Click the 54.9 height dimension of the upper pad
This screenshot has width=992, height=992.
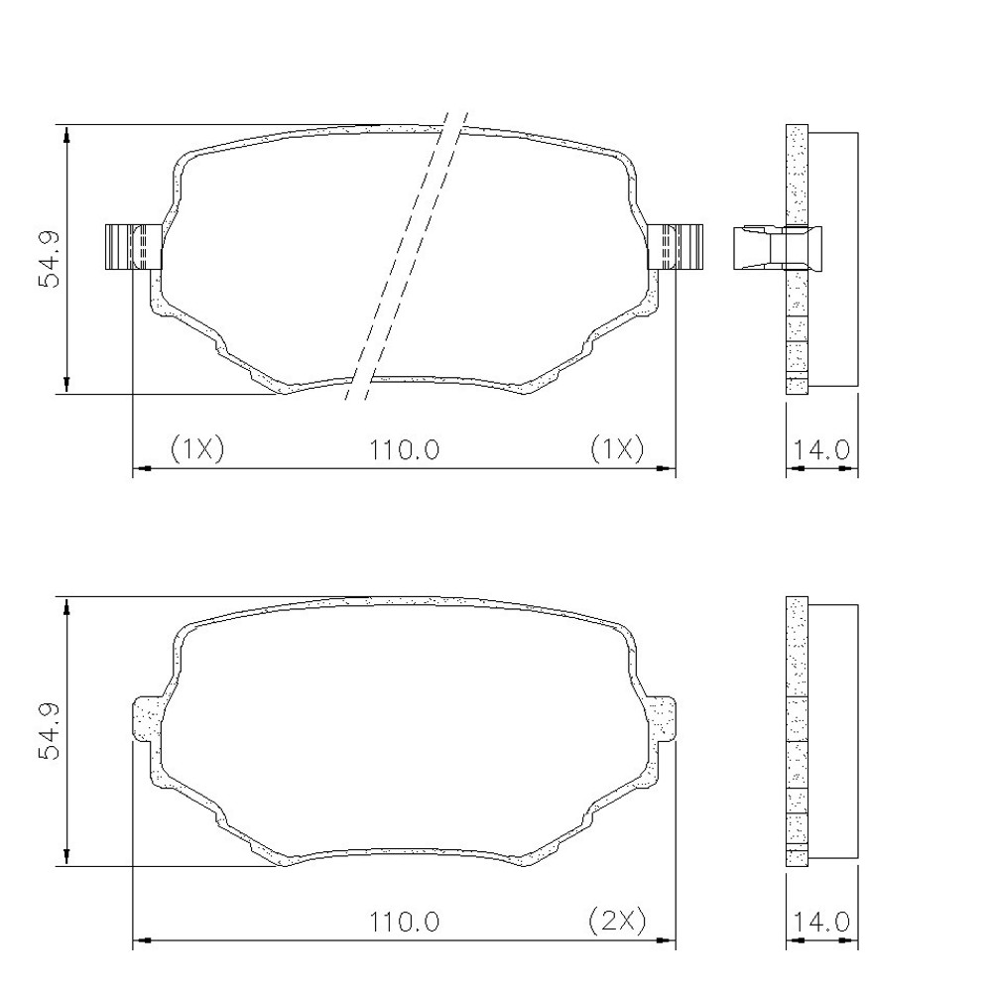pos(49,259)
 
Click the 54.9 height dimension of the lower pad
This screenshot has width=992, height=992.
pos(49,731)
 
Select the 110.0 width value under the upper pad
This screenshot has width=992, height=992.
pos(405,449)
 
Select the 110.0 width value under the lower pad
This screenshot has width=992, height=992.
pos(405,922)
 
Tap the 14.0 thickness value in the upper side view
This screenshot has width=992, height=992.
pos(821,449)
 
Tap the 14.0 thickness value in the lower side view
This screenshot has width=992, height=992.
pos(821,922)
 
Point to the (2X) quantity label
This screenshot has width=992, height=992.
pos(617,921)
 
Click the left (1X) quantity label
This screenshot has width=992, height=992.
pos(197,448)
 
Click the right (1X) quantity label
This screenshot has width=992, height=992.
pos(617,448)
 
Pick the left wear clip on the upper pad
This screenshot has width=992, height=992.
pos(134,247)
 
